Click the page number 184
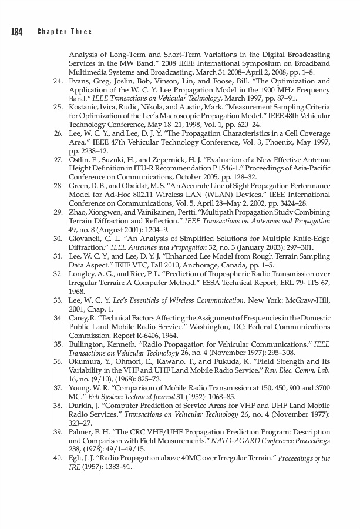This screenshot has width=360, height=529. click(16, 32)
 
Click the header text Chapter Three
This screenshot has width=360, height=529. click(65, 32)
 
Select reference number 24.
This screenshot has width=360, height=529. click(58, 81)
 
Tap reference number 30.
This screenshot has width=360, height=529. click(58, 239)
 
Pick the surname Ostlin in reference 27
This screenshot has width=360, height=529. click(79, 160)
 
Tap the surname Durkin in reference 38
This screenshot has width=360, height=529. click(80, 406)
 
